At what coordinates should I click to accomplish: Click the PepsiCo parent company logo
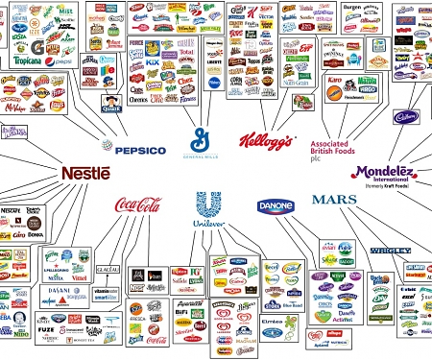tap(133, 149)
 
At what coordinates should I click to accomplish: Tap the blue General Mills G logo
tap(201, 138)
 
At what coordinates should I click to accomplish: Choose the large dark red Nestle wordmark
tap(85, 173)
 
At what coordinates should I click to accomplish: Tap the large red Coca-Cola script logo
tap(137, 204)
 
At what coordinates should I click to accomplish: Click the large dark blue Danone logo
tap(276, 205)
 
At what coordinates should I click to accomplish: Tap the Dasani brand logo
tap(59, 289)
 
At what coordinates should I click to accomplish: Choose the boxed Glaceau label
tap(108, 270)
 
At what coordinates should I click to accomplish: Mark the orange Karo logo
tap(334, 81)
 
